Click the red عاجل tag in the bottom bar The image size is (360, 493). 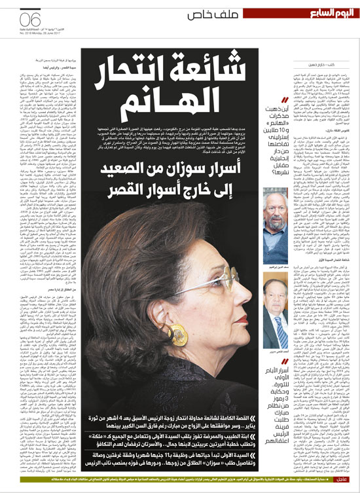346,484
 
